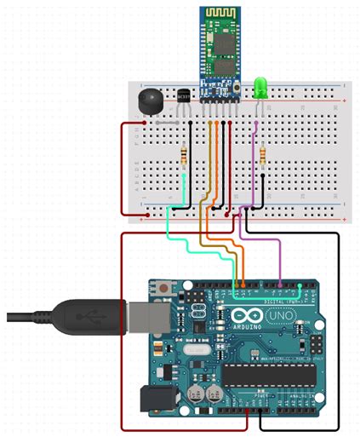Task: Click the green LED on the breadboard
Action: click(x=260, y=87)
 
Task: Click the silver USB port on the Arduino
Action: click(x=141, y=316)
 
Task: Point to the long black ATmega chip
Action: click(x=269, y=372)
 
